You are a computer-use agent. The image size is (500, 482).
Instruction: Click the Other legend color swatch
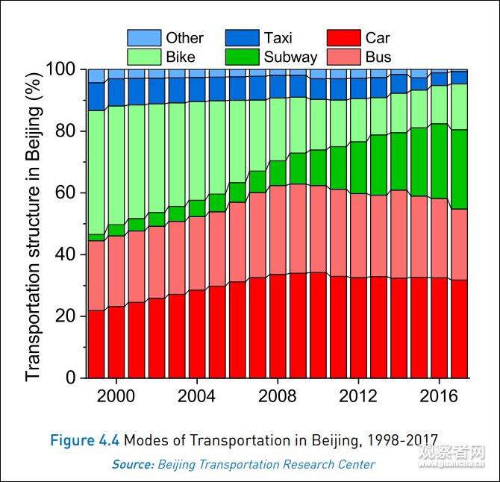144,38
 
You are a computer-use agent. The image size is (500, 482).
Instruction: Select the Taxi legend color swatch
243,38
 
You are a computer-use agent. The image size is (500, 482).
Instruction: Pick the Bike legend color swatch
144,57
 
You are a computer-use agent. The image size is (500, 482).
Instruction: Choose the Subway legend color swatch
243,57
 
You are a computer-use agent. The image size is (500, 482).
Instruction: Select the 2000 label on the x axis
116,395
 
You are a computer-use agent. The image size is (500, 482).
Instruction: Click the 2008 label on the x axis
277,395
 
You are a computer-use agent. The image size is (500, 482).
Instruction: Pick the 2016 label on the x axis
438,395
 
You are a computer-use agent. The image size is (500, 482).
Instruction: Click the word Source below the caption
132,464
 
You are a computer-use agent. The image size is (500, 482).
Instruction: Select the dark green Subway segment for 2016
439,161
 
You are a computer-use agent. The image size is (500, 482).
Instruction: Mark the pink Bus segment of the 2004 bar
197,254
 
